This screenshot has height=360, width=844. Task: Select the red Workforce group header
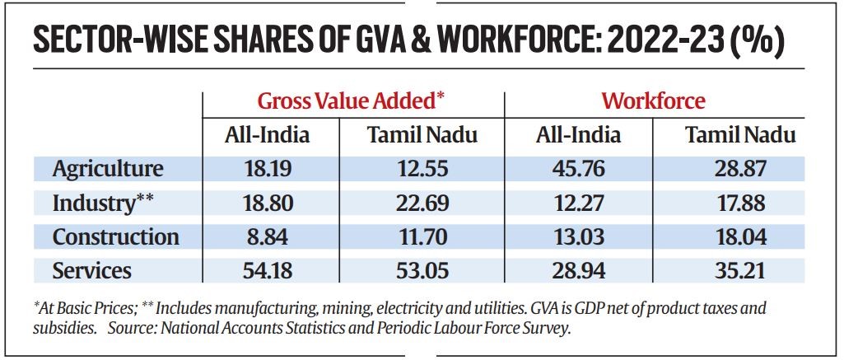coord(653,101)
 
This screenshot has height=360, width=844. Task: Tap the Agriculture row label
coord(108,169)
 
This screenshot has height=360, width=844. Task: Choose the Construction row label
coord(116,236)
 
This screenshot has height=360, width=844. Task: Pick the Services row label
coord(92,270)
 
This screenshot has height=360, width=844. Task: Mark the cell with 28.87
coord(740,169)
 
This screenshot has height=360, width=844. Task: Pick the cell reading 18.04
coord(740,236)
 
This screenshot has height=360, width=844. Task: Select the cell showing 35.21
coord(740,270)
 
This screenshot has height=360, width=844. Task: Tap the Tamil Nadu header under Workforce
coord(740,135)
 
